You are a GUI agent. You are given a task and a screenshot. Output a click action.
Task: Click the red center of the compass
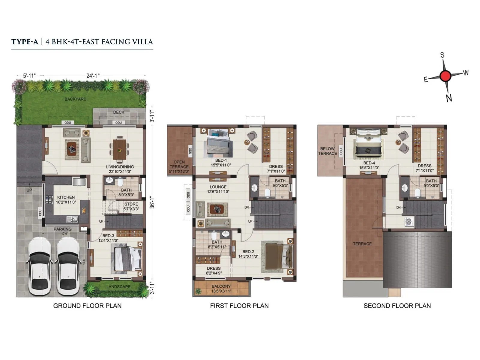coord(445,76)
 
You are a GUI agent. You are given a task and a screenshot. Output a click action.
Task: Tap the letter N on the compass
coord(449,98)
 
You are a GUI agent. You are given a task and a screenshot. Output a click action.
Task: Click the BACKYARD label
coord(75,99)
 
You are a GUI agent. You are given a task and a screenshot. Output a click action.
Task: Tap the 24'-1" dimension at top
coord(93,76)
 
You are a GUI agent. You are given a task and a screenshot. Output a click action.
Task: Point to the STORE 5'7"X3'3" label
coord(131,206)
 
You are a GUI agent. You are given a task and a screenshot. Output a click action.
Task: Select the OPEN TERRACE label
coord(179,166)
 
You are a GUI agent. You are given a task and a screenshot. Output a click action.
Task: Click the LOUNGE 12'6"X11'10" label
coord(218,189)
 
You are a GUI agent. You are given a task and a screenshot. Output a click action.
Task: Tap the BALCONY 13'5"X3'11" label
coord(221,289)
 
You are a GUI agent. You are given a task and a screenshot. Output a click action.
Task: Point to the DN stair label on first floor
coord(247,207)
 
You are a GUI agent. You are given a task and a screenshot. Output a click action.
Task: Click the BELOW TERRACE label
coord(327,151)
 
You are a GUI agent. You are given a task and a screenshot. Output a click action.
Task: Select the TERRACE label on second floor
coord(362,244)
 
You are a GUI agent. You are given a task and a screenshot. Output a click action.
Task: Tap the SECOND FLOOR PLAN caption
coord(397,306)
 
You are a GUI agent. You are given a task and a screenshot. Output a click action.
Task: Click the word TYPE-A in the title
coord(25,42)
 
